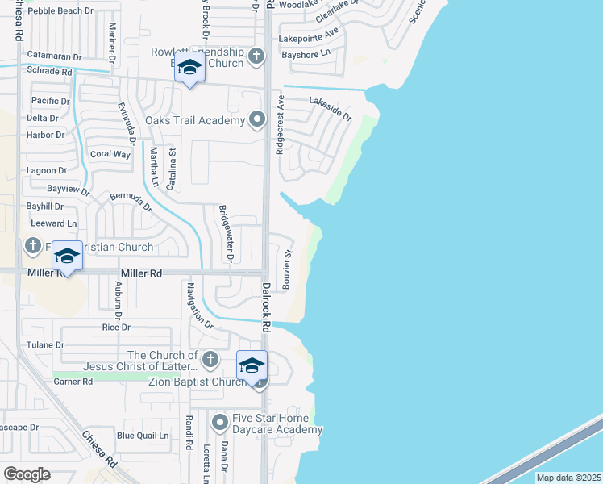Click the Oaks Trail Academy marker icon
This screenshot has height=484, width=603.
[257, 120]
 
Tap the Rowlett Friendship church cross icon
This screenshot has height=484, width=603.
[256, 56]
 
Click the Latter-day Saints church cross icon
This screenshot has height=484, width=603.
[210, 359]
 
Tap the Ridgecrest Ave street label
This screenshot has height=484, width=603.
[281, 126]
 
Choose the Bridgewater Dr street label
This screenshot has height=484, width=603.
[227, 234]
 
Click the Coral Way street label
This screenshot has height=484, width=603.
[110, 154]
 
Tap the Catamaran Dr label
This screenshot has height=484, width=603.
[55, 56]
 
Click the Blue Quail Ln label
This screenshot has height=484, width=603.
[143, 436]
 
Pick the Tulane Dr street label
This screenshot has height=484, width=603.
[47, 344]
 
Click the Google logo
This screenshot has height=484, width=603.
[27, 474]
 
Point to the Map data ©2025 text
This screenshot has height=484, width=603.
[568, 478]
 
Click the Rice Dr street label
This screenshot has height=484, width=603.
[116, 327]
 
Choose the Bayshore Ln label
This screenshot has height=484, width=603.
[306, 54]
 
